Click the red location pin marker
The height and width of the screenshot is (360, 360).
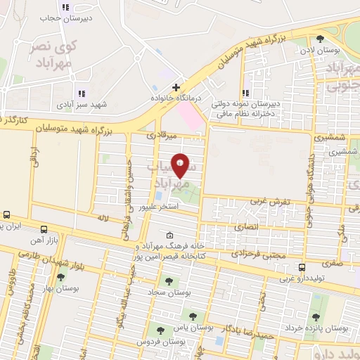[x=181, y=166]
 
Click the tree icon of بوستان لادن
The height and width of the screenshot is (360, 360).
[x=321, y=39]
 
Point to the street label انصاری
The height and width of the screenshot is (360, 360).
[x=251, y=229]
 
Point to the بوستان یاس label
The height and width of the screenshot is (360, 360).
[x=195, y=327]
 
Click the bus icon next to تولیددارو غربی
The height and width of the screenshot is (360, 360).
[x=302, y=267]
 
